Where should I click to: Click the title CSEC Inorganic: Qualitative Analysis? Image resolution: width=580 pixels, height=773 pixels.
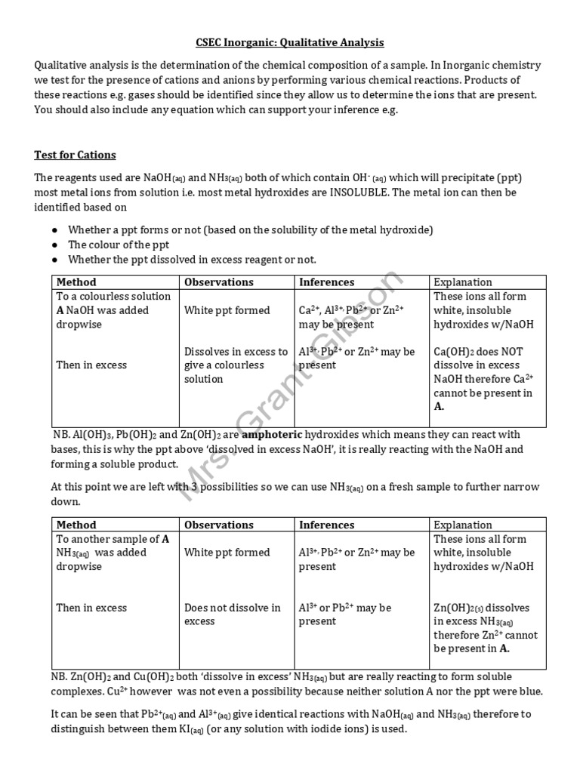click(290, 43)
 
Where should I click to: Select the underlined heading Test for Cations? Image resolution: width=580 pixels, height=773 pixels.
click(75, 155)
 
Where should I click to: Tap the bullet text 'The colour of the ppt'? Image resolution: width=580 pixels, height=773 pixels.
click(119, 245)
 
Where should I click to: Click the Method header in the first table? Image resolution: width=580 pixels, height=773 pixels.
click(76, 282)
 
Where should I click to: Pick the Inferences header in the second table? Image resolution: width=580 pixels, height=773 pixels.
click(326, 525)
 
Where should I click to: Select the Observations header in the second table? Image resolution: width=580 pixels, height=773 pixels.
click(218, 525)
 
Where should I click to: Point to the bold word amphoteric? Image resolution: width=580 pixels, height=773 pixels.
click(271, 435)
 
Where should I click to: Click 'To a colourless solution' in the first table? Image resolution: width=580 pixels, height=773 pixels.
click(111, 296)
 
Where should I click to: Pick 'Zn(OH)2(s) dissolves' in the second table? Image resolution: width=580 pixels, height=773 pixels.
click(481, 608)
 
